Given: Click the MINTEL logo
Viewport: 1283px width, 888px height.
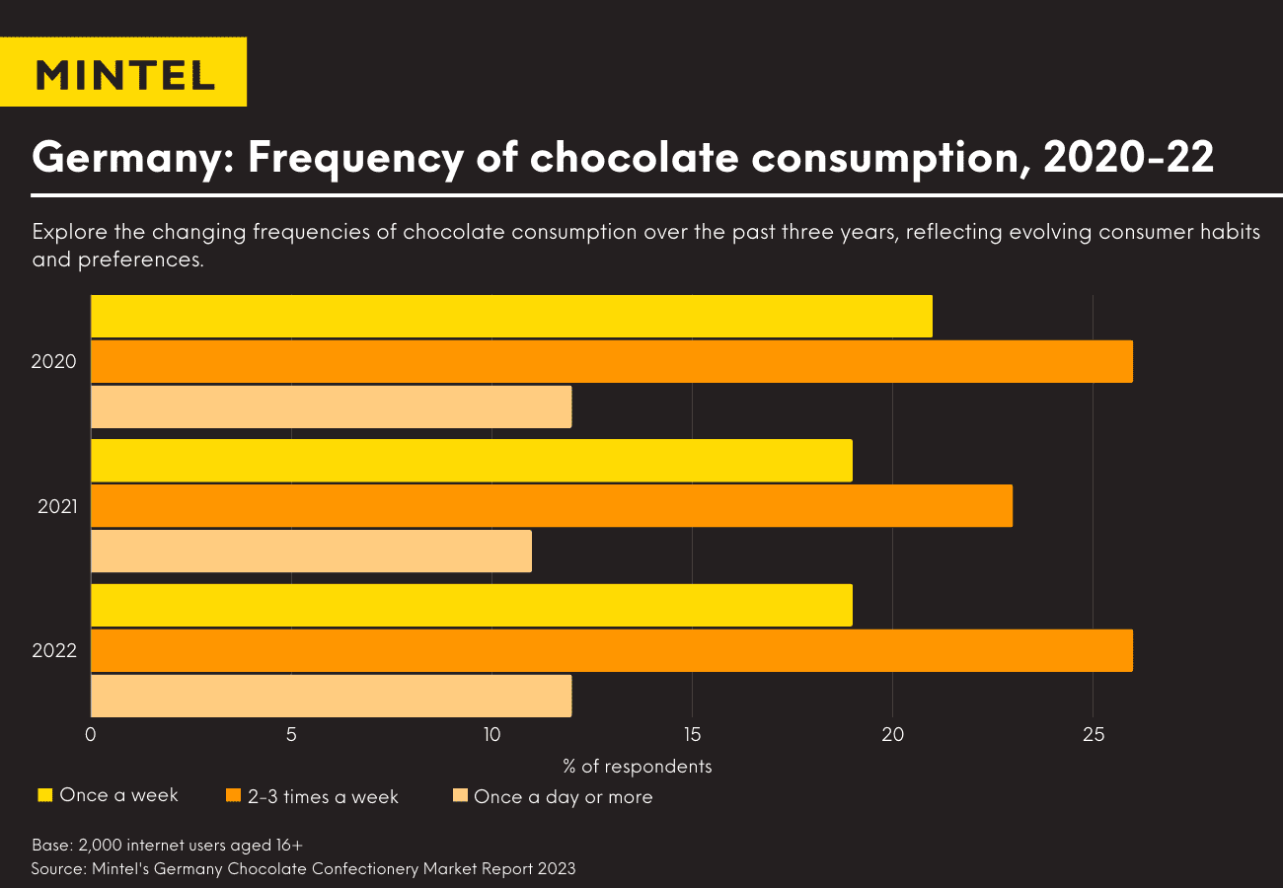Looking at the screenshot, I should point(123,74).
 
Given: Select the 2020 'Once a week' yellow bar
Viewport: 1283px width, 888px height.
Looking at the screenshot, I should point(511,316).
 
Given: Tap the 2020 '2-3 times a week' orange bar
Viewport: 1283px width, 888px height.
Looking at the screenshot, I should point(612,361).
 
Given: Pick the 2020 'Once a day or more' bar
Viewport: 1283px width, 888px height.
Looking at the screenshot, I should point(331,407).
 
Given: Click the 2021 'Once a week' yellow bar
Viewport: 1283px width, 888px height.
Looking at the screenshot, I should point(472,461).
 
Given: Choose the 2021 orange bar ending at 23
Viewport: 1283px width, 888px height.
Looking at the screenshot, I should point(552,506).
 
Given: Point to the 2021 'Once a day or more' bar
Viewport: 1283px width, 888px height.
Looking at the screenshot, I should point(311,552).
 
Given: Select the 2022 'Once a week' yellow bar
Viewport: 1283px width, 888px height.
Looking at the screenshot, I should point(472,605).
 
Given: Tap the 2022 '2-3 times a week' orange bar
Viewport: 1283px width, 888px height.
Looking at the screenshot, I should point(612,650).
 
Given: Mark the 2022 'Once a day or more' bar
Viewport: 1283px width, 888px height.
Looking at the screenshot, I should point(331,696).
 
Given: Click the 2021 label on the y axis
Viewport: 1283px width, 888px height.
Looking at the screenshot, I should point(57,507).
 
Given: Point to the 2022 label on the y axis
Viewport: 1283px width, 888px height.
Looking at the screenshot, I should point(54,651).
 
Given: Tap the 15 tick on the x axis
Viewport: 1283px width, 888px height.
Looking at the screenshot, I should point(692,735).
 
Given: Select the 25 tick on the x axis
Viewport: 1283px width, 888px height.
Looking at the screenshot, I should point(1093,735).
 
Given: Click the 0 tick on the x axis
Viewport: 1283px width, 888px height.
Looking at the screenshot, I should point(91,735).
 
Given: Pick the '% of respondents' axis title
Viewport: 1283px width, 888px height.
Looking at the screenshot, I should point(638,767).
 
